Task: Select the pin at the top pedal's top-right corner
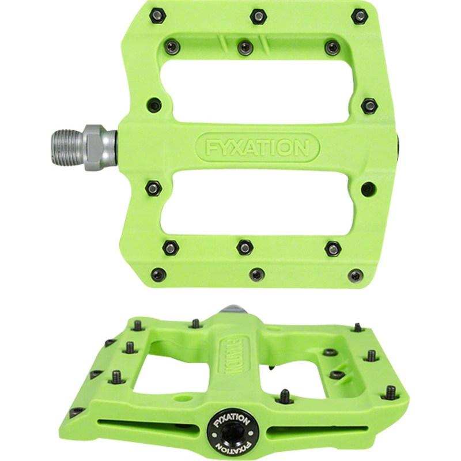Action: pyautogui.click(x=359, y=16)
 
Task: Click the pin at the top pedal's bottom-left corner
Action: pyautogui.click(x=161, y=275)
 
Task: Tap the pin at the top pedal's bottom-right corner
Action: pyautogui.click(x=357, y=275)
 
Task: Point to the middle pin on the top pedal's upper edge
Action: pyautogui.click(x=258, y=16)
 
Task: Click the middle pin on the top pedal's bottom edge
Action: pyautogui.click(x=257, y=274)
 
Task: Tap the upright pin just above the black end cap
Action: pyautogui.click(x=284, y=396)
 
